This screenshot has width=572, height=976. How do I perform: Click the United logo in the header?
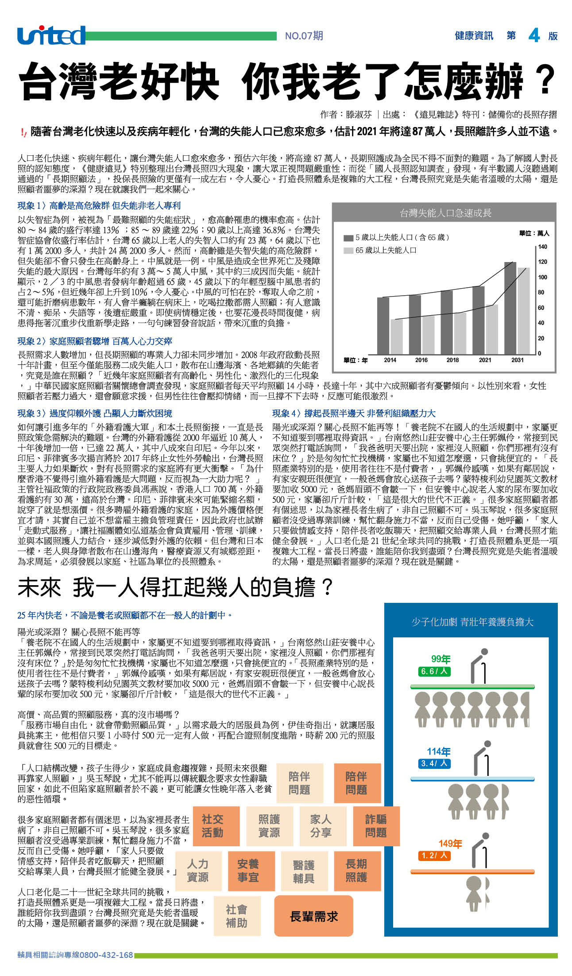click(51, 35)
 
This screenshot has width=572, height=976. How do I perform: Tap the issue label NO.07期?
click(304, 36)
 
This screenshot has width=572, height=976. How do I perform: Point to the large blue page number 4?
click(534, 35)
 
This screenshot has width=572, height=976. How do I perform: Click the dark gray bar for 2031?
click(510, 308)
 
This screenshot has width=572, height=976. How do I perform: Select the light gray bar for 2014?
click(396, 336)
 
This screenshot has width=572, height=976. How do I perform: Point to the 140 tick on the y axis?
click(542, 247)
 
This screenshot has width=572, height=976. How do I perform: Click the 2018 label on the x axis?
click(452, 360)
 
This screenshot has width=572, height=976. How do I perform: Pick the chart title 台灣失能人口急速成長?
click(445, 213)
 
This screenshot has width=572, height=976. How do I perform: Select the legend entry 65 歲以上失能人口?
click(385, 251)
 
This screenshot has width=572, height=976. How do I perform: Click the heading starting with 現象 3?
click(95, 413)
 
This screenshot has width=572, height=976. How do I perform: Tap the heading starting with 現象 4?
click(354, 413)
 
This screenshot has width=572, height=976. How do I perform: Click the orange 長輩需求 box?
click(313, 916)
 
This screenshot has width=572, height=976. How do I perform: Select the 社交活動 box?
click(212, 826)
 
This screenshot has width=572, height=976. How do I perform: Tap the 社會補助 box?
click(236, 916)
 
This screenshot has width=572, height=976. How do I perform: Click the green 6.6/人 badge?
click(434, 671)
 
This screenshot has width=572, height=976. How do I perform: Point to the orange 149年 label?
click(450, 844)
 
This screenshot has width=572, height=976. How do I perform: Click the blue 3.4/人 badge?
click(434, 764)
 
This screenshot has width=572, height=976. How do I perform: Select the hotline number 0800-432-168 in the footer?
click(106, 955)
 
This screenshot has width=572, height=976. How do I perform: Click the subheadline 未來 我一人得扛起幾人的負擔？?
click(175, 587)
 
